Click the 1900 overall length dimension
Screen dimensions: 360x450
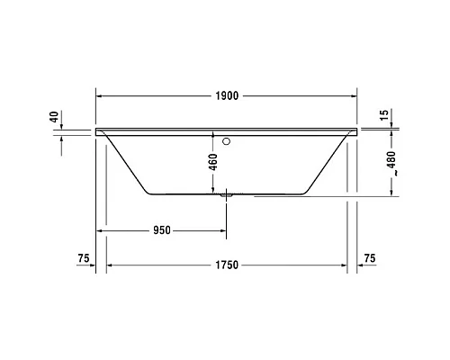coord(228,94)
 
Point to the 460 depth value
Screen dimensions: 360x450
coord(213,164)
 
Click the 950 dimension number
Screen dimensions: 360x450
coord(162,230)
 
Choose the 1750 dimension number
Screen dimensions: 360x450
coord(228,265)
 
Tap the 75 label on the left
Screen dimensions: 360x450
coord(83,259)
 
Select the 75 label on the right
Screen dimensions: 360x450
coord(369,259)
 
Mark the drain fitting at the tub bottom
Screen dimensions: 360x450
coord(226,193)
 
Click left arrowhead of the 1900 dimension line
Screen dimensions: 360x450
coord(99,94)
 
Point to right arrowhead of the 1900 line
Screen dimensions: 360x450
coord(355,94)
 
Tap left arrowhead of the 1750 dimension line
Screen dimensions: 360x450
coord(111,265)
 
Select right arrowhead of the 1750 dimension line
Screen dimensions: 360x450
coord(346,265)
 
